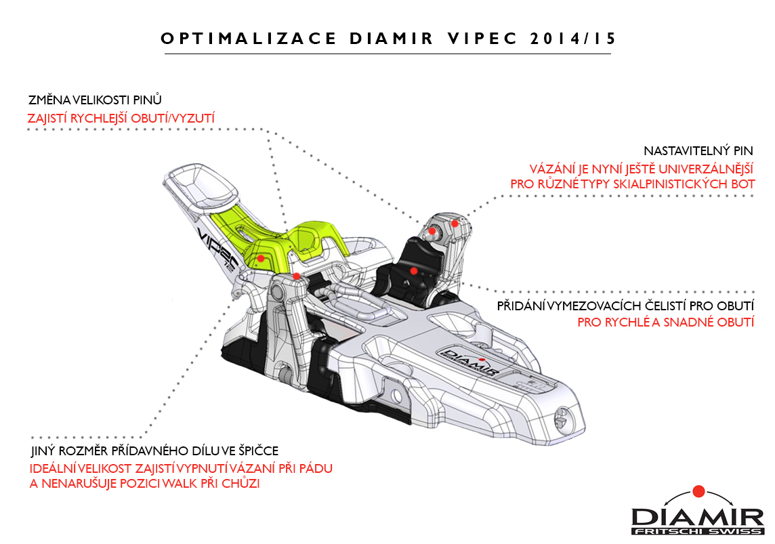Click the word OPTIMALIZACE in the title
pos(248,39)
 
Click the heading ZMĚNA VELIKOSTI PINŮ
pos(95,100)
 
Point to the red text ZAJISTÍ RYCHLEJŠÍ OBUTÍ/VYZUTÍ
pos(121,119)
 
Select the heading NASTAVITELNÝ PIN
pos(698,150)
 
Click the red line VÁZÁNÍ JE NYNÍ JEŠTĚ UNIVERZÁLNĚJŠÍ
pos(642,168)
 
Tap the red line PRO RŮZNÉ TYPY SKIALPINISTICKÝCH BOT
pos(633,184)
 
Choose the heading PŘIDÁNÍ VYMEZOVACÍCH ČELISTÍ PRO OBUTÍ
pos(625,306)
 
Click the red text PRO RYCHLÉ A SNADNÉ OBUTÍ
pos(665,322)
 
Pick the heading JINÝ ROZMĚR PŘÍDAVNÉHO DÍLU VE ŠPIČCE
pos(154,451)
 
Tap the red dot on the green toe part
pos(261,258)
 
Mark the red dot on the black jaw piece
pos(413,270)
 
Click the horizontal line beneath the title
pos(386,54)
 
